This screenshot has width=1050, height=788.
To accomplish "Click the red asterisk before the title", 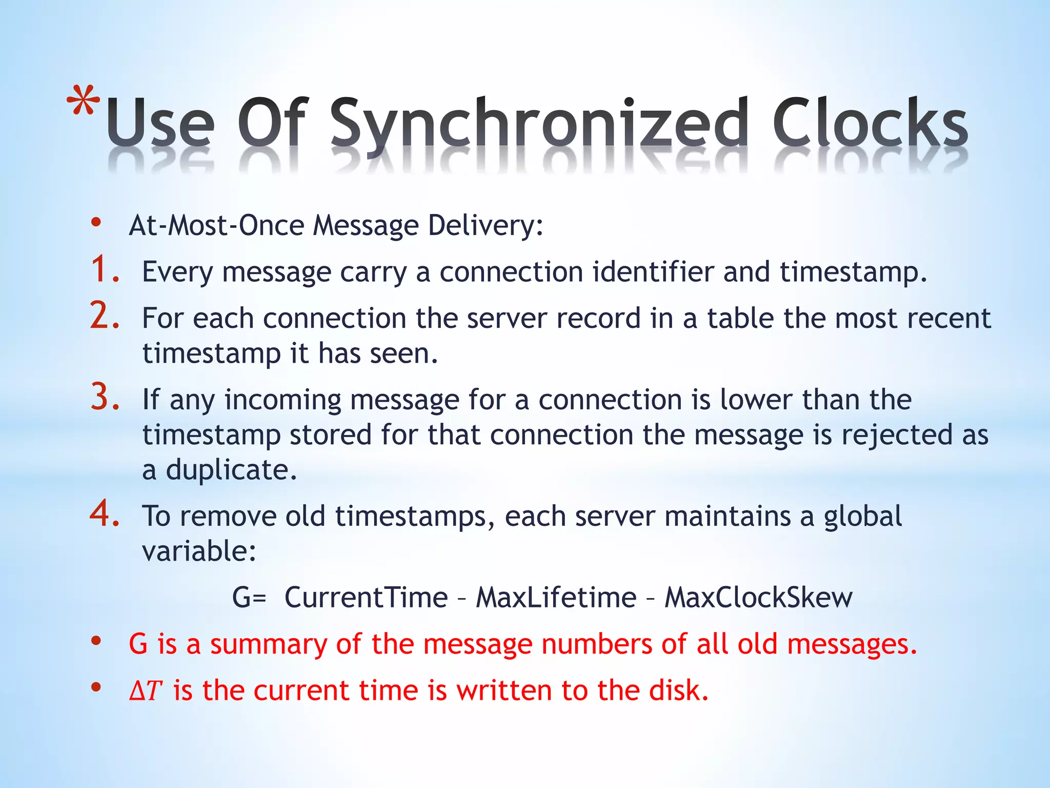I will pos(84,101).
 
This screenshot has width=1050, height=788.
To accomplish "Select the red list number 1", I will pos(105,270).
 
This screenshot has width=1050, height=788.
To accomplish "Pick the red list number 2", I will pos(105,316).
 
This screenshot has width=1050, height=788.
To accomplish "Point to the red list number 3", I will pos(105,398).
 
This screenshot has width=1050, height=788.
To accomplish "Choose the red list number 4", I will pos(105,514).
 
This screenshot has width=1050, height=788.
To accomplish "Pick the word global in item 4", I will pos(862,517).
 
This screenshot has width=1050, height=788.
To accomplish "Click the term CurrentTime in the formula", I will pos(366,598).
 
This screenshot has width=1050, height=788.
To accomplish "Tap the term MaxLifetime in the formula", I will pos(556,598).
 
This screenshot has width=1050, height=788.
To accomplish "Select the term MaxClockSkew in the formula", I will pos(758,598).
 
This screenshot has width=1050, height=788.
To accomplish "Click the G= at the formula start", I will pos(249,598).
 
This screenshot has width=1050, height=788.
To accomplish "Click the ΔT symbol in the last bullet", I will pos(146,691).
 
